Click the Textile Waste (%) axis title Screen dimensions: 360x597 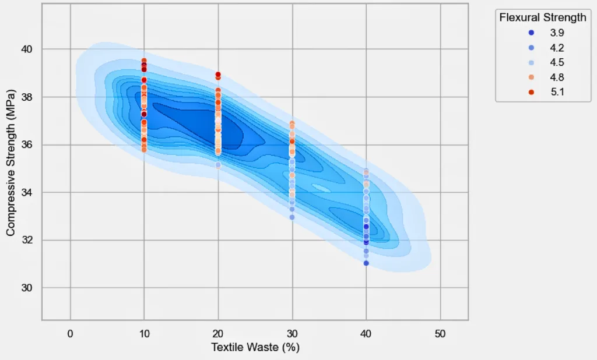[x=255, y=348]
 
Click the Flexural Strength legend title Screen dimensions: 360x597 [x=543, y=18]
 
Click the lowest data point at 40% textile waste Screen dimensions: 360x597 [x=366, y=263]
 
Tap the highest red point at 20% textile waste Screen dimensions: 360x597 [x=218, y=75]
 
